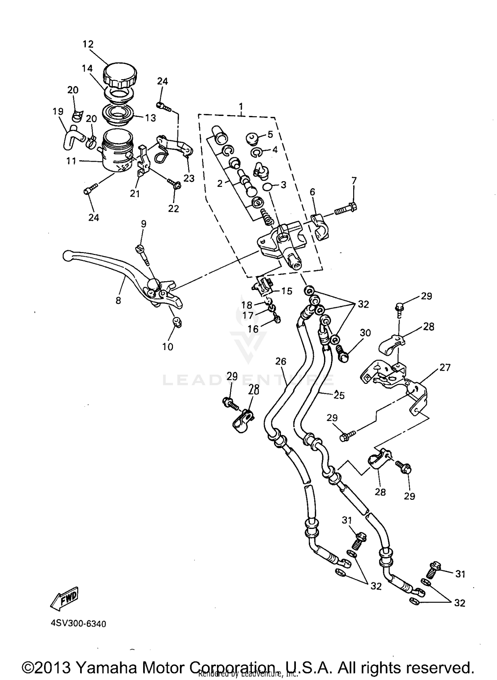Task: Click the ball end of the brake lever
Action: (67, 255)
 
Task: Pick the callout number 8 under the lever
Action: (118, 300)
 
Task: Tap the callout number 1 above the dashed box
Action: (241, 106)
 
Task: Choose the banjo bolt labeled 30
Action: (342, 353)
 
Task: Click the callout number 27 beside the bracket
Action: (445, 367)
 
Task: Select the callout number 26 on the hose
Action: (280, 361)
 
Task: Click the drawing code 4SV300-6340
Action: (78, 624)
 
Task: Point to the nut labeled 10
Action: (177, 322)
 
